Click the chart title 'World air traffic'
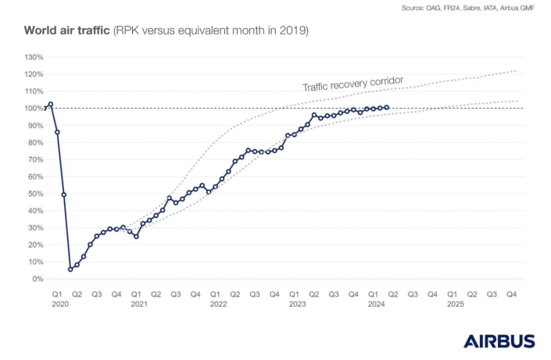[x=67, y=31]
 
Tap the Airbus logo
[x=499, y=341]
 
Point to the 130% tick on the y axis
[x=34, y=57]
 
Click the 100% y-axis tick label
[x=34, y=109]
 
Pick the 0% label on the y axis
[x=36, y=279]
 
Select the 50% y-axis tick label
[x=34, y=194]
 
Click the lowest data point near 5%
[x=70, y=269]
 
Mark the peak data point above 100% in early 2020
[x=51, y=104]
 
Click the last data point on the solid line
[x=387, y=108]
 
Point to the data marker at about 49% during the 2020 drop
[x=63, y=194]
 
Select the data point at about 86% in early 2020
[x=57, y=132]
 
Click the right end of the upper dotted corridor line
[x=518, y=71]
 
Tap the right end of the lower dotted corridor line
[x=518, y=101]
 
